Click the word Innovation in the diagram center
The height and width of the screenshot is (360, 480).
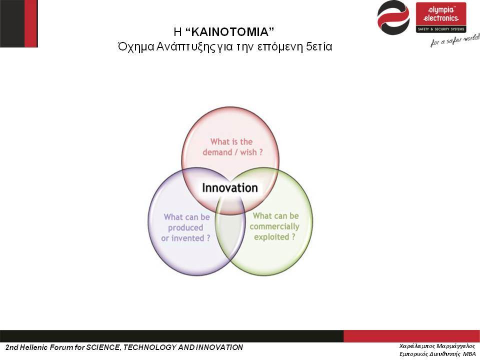point(230,187)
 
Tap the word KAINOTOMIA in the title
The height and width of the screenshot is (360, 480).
point(229,31)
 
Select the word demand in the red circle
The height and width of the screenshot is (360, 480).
point(217,152)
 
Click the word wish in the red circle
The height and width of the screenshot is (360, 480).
point(248,152)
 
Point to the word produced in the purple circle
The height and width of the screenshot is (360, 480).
point(185,228)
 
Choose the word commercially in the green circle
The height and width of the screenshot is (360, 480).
point(274,226)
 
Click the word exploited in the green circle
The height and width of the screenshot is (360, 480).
point(271,237)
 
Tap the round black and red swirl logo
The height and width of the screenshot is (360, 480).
point(393,18)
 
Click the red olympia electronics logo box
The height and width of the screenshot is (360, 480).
point(441,17)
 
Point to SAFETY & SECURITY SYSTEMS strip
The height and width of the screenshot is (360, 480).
point(441,29)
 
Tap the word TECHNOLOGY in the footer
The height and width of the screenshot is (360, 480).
point(149,347)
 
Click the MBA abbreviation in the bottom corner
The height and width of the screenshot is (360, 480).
point(469,354)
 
